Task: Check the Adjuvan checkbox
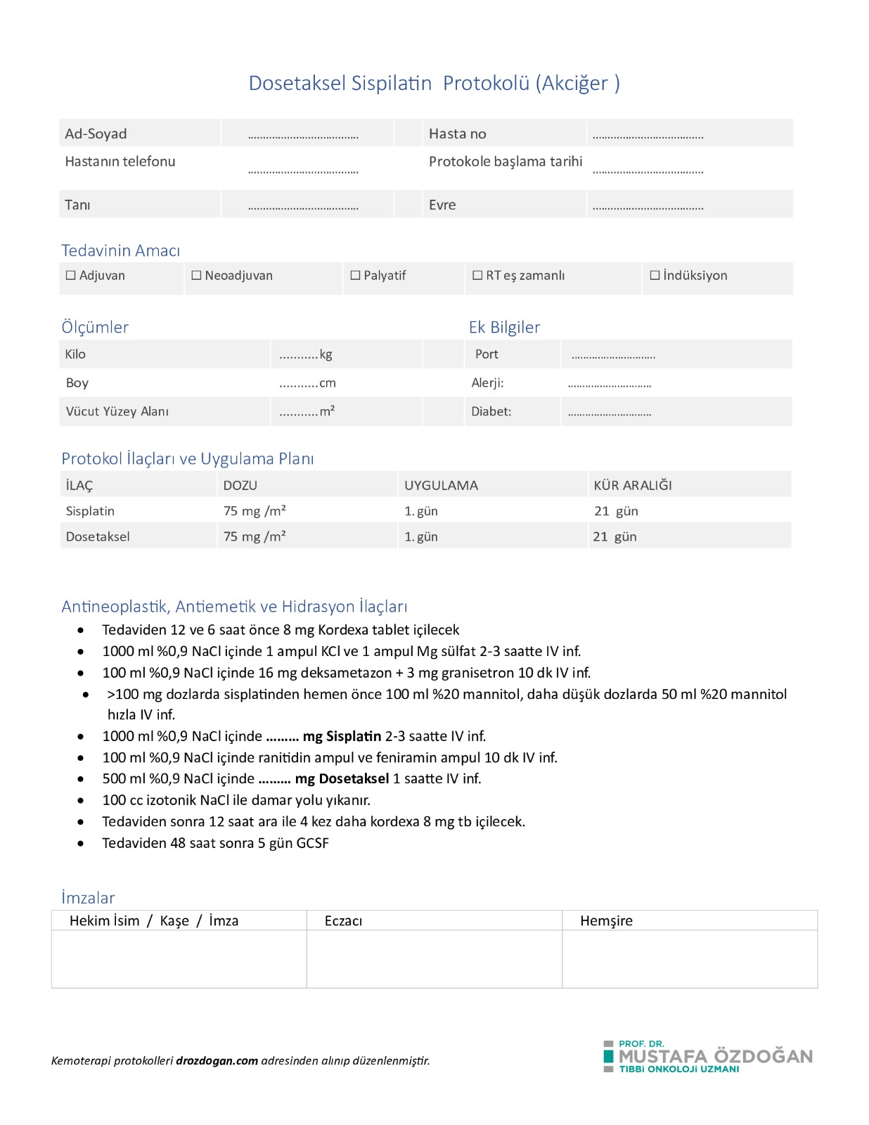(x=71, y=276)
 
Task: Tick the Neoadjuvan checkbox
(x=196, y=276)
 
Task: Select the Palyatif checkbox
(x=355, y=276)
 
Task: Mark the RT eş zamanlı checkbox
(x=477, y=276)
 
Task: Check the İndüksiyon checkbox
(x=655, y=276)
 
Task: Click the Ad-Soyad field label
(x=96, y=134)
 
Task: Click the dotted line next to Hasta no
(x=648, y=136)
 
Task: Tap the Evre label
(x=442, y=205)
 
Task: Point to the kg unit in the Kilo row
(x=326, y=354)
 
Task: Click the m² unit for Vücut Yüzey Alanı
(x=327, y=411)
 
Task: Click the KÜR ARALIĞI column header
(x=632, y=485)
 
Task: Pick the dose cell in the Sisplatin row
(x=255, y=511)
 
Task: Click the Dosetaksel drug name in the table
(x=98, y=536)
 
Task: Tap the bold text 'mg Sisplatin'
(x=342, y=736)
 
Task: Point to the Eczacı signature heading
(x=343, y=921)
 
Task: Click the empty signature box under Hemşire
(x=689, y=959)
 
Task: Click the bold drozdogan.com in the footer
(x=217, y=1061)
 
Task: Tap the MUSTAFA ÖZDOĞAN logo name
(x=715, y=1056)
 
